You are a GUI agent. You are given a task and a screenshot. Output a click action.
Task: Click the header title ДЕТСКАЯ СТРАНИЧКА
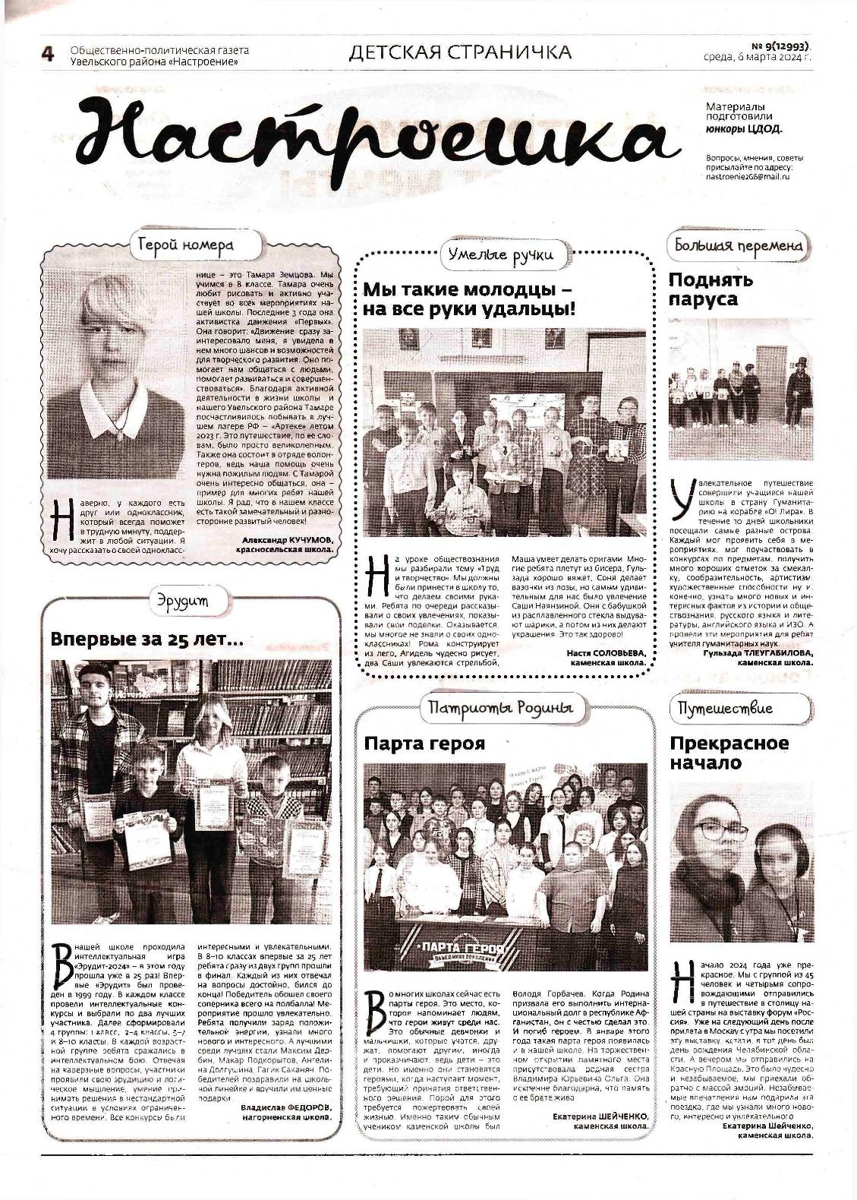click(460, 52)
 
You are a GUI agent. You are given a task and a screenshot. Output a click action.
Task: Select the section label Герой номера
click(186, 245)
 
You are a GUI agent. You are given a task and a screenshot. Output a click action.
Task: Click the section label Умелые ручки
click(500, 254)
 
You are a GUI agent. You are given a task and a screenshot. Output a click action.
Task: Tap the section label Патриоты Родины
click(499, 708)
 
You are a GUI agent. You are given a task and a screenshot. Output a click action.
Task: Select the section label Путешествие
click(725, 708)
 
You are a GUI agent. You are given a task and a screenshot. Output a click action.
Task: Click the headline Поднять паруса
click(710, 289)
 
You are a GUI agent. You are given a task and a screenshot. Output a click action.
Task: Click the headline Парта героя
click(424, 742)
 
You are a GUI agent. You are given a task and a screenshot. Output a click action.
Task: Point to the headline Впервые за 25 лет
click(147, 639)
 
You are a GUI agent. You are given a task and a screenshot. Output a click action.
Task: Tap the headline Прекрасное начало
click(729, 752)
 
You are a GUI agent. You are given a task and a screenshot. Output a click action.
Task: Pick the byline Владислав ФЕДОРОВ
click(286, 1107)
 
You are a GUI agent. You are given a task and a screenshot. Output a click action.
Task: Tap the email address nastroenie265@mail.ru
click(748, 176)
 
